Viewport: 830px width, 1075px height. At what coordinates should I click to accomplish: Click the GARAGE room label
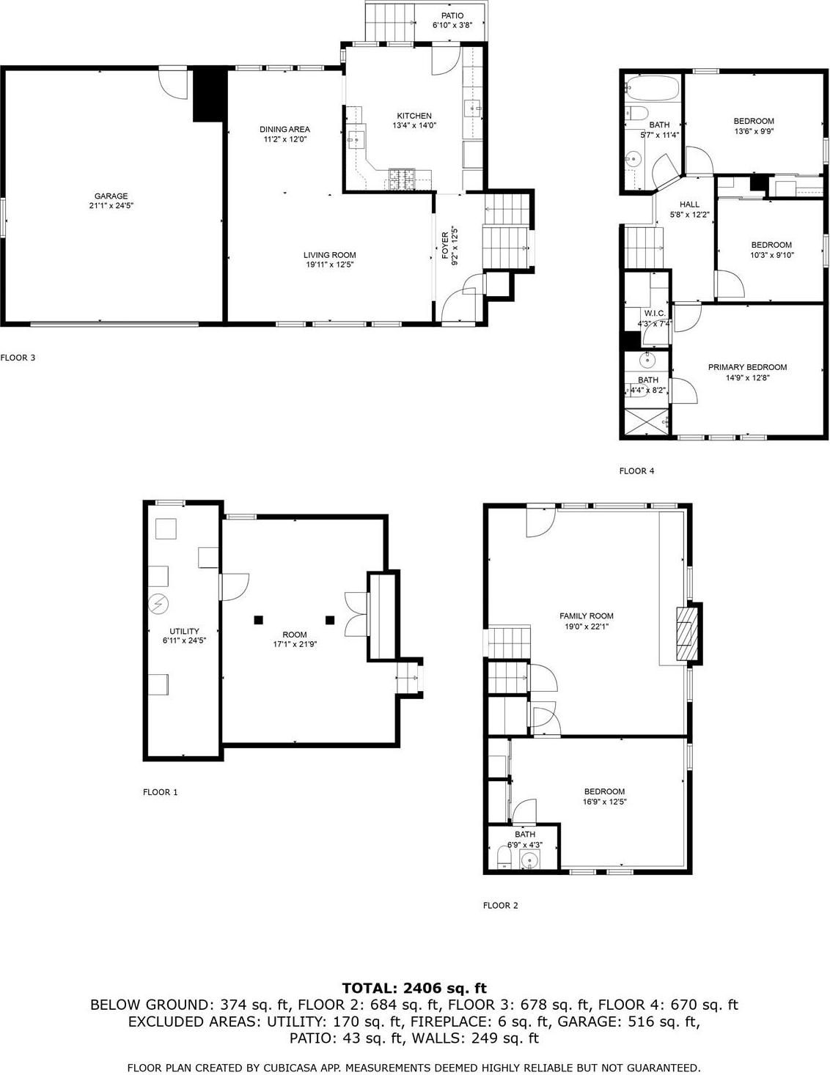(x=111, y=196)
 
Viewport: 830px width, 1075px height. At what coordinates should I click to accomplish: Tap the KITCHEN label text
(x=414, y=116)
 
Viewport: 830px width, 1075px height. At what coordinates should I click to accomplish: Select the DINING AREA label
(x=284, y=130)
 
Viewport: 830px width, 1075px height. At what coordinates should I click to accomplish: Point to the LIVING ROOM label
(x=330, y=255)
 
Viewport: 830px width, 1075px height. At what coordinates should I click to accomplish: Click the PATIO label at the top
(x=452, y=15)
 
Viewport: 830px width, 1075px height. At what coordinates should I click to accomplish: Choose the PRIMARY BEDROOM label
(x=747, y=367)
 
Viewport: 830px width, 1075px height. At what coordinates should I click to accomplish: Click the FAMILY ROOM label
(x=586, y=616)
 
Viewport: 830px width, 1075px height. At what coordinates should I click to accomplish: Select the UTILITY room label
(x=184, y=631)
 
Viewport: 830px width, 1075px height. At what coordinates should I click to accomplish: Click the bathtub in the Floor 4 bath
(x=653, y=89)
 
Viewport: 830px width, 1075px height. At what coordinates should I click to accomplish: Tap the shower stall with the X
(x=646, y=423)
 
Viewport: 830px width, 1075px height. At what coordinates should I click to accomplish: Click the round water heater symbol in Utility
(x=158, y=604)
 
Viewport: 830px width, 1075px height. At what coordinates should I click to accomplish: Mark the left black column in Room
(x=258, y=620)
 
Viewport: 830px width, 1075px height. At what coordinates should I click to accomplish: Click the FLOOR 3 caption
(x=18, y=358)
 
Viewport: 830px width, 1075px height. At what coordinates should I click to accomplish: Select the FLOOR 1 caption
(x=160, y=792)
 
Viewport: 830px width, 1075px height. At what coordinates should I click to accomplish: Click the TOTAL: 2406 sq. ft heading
(x=414, y=988)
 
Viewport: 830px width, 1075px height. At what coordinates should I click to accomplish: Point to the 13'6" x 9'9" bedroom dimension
(x=754, y=132)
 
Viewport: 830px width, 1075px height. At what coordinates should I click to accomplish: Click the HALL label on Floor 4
(x=689, y=204)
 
